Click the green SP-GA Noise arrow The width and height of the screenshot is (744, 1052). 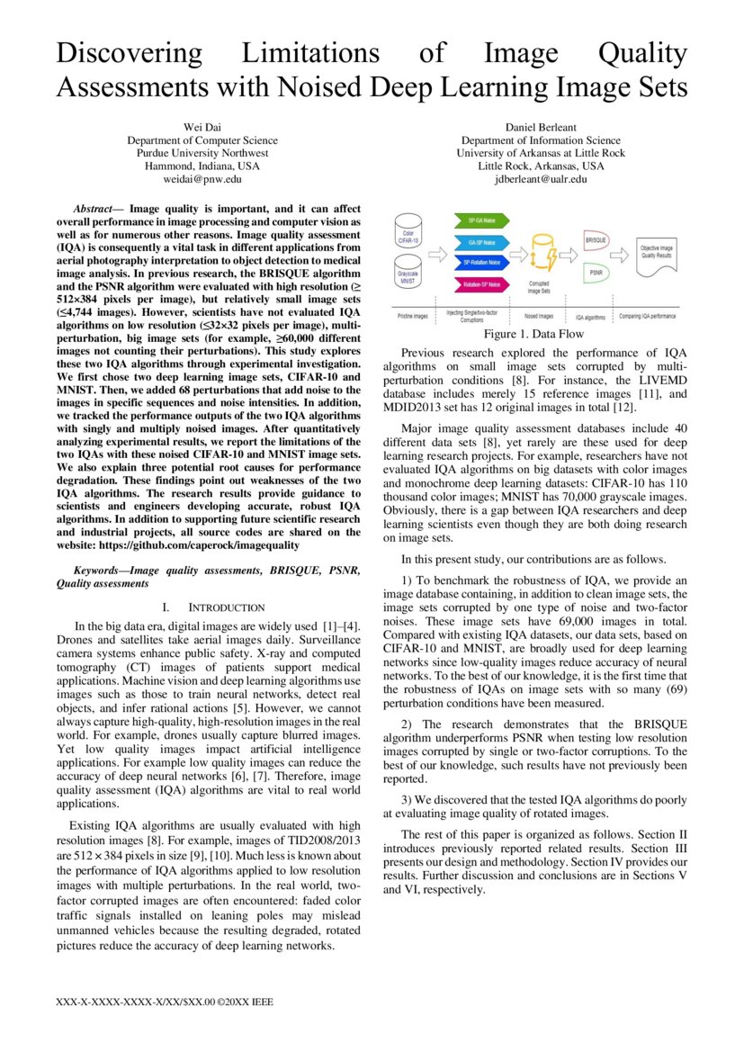pos(486,220)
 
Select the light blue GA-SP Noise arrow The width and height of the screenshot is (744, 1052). pos(486,241)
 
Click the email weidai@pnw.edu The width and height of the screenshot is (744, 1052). pos(202,179)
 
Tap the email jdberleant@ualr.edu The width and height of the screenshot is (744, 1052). pos(541,179)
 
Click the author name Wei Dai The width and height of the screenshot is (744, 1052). pos(202,128)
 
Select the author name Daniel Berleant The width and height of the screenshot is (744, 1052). pos(541,128)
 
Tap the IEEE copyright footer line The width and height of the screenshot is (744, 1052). pos(164,1001)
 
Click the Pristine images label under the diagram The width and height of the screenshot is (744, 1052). pos(415,317)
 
